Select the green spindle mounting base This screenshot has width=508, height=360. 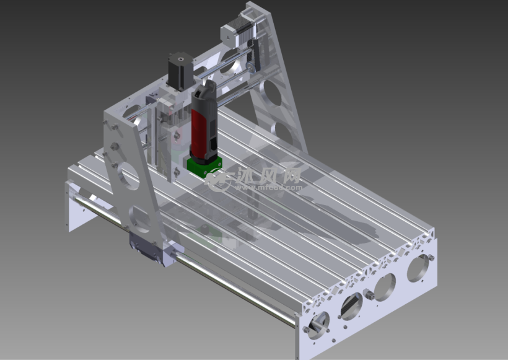[x=205, y=167]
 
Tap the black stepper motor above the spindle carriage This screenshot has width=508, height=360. [x=177, y=70]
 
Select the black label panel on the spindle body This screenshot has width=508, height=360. [x=209, y=124]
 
